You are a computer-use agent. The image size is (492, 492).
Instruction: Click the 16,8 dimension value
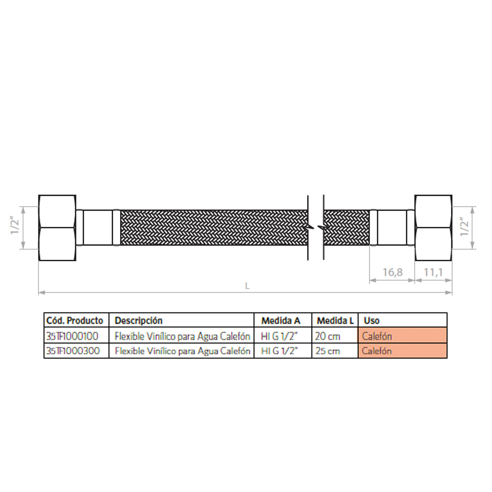pyautogui.click(x=392, y=272)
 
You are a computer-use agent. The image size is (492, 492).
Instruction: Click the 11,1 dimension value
pyautogui.click(x=433, y=272)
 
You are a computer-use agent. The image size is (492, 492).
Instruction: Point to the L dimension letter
pyautogui.click(x=247, y=286)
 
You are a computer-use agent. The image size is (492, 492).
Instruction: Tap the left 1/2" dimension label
pyautogui.click(x=15, y=226)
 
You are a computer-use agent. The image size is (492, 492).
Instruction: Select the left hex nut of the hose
pyautogui.click(x=58, y=228)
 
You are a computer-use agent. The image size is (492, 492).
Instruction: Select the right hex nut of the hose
pyautogui.click(x=433, y=228)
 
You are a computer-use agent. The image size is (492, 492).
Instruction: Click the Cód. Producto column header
pyautogui.click(x=75, y=320)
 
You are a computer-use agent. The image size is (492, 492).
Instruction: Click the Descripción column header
pyautogui.click(x=139, y=320)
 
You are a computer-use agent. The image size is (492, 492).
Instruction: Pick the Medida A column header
pyautogui.click(x=281, y=320)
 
